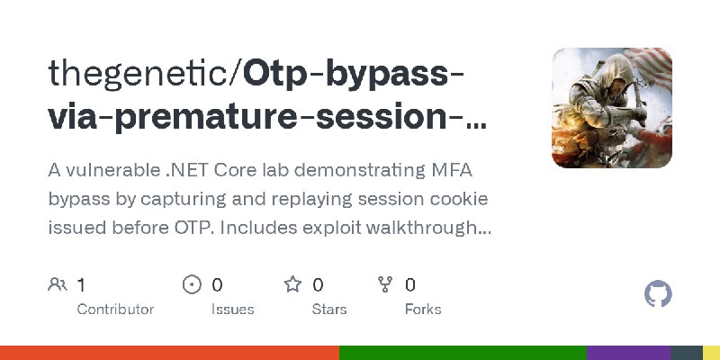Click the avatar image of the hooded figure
coord(612,108)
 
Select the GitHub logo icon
coord(659,294)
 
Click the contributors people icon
coord(58,285)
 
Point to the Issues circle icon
coord(192,285)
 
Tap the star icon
coord(292,285)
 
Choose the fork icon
coord(385,285)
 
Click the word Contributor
coord(115,309)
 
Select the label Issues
coord(232,309)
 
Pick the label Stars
coord(330,309)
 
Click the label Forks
coord(423,309)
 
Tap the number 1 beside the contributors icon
coord(81,285)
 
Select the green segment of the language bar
coord(463,353)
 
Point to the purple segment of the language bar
coord(628,353)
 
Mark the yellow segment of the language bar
coord(711,353)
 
